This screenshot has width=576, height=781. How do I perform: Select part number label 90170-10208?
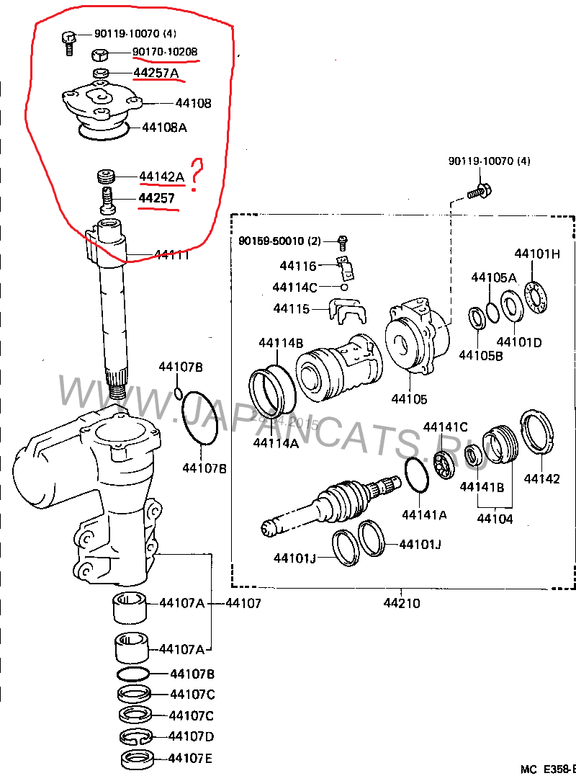point(165,52)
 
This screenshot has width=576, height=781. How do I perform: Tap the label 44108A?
point(164,128)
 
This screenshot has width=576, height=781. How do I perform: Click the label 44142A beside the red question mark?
point(162,176)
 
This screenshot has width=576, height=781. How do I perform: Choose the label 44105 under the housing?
point(409,398)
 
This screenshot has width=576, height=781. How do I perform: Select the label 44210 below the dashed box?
point(402,603)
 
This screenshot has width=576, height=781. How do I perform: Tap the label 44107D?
point(191,736)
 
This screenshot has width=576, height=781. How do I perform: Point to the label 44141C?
point(445,427)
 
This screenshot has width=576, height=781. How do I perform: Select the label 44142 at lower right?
point(542,478)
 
